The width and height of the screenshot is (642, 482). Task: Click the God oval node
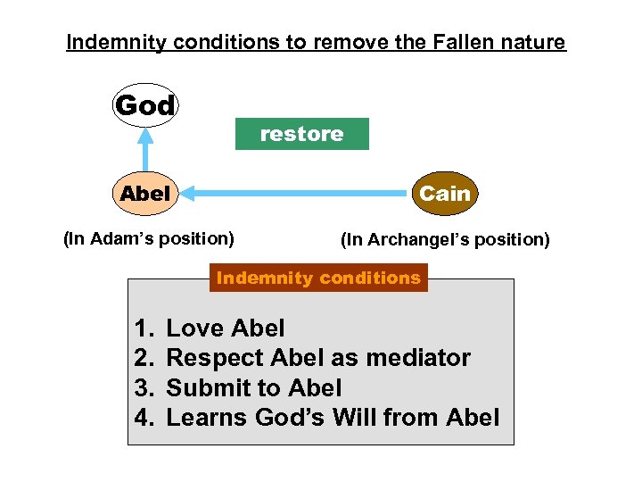coord(145,106)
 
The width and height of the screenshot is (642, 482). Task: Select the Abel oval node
coord(145,193)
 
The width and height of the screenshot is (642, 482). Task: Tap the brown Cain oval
coord(445,193)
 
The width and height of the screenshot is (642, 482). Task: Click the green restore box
coord(301,134)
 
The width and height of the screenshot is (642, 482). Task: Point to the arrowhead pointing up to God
coord(145,133)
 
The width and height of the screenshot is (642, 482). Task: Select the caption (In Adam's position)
coord(149,238)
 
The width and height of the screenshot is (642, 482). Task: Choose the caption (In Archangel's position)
coord(445,239)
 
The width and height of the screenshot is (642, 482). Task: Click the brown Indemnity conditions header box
coord(318,278)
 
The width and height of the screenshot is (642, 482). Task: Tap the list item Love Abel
coord(226,328)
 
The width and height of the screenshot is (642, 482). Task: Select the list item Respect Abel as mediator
coord(318,358)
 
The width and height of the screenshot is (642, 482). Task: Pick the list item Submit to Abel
coord(254,387)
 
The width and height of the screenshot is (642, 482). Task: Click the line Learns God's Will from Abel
coord(333,417)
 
